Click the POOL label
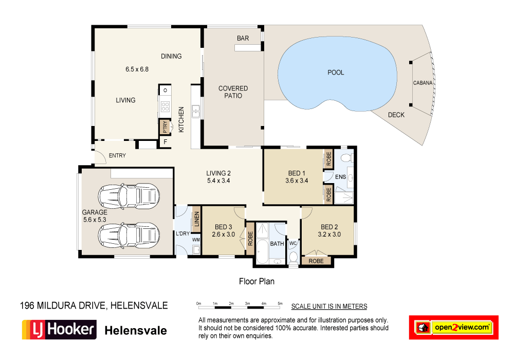[336, 73]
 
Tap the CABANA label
[423, 83]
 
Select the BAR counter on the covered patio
[248, 48]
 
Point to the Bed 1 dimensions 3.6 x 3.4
[297, 181]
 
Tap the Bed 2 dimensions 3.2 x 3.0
[329, 234]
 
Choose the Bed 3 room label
[224, 227]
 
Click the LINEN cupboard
[196, 221]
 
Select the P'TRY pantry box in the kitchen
[165, 126]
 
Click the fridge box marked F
[165, 142]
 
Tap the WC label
[293, 243]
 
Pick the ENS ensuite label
[340, 177]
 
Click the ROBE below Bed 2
[316, 261]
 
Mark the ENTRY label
[117, 156]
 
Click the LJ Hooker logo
[59, 330]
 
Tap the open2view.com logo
[453, 327]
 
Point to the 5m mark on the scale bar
[280, 303]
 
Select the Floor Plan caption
[256, 281]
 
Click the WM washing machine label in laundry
[196, 240]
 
